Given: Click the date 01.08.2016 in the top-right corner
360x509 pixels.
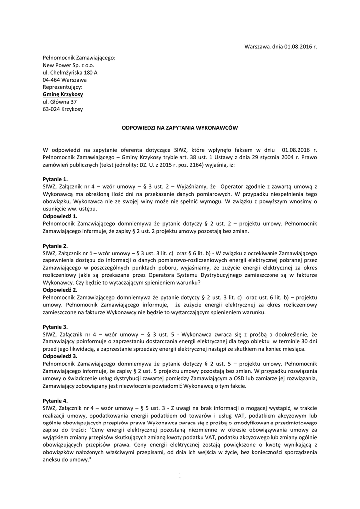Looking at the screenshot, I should pos(298,47).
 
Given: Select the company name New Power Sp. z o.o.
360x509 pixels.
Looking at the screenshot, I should pos(69,65).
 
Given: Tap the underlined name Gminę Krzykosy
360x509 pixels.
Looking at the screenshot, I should pos(63,94).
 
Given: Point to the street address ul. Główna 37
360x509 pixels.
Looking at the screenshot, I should pos(60,102).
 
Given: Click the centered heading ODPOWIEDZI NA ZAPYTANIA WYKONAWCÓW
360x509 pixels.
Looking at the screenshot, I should pos(180,128).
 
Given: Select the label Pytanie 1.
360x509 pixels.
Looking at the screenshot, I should pos(55,178).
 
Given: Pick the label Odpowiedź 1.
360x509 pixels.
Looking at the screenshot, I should pos(60,217).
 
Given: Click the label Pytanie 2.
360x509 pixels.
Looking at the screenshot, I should pos(55,246).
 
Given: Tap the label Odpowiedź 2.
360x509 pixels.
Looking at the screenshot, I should pos(60,289).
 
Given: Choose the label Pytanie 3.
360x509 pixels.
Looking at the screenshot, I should pos(55,326).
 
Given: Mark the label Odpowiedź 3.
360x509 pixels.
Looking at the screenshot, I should pos(60,356).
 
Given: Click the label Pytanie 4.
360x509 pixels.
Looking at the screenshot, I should pos(55,400).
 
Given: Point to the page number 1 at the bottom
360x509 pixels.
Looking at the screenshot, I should pos(180,475).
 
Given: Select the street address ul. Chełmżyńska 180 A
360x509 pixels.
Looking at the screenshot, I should pos(70,73).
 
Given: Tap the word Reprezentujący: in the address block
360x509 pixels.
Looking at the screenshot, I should pos(63,87).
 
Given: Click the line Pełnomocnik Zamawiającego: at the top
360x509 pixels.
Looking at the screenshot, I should pos(79,58).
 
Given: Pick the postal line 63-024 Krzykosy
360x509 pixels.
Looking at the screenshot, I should pos(63,109).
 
